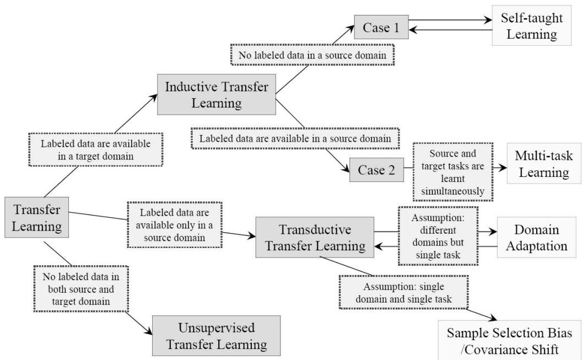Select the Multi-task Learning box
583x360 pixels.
[x=539, y=164]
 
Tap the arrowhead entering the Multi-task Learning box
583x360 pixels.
[x=501, y=167]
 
